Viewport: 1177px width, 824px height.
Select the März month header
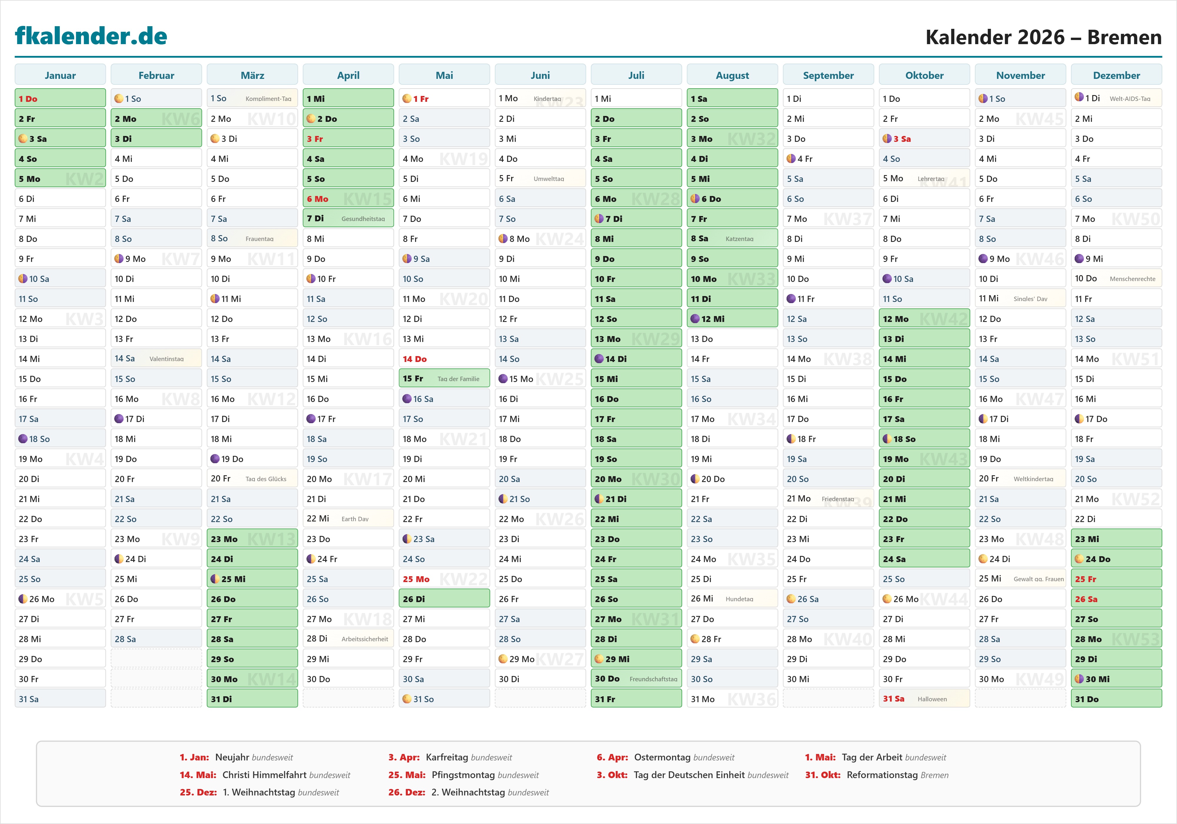[252, 75]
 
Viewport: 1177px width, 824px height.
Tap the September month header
[828, 75]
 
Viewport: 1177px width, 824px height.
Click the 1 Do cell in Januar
[60, 99]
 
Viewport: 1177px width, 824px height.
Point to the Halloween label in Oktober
[932, 699]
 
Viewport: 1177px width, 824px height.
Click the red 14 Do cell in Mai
[444, 359]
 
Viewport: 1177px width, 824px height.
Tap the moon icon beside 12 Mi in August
[695, 319]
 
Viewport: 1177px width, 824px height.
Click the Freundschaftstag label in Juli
[653, 679]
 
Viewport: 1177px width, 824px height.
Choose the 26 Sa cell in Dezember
[1116, 599]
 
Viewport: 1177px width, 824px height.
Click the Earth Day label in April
[355, 519]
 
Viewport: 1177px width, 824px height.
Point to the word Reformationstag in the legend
[882, 775]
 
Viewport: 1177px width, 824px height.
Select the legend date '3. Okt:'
[611, 775]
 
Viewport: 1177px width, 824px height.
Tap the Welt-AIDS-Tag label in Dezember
[1130, 99]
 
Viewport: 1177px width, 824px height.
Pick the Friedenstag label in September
[838, 499]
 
